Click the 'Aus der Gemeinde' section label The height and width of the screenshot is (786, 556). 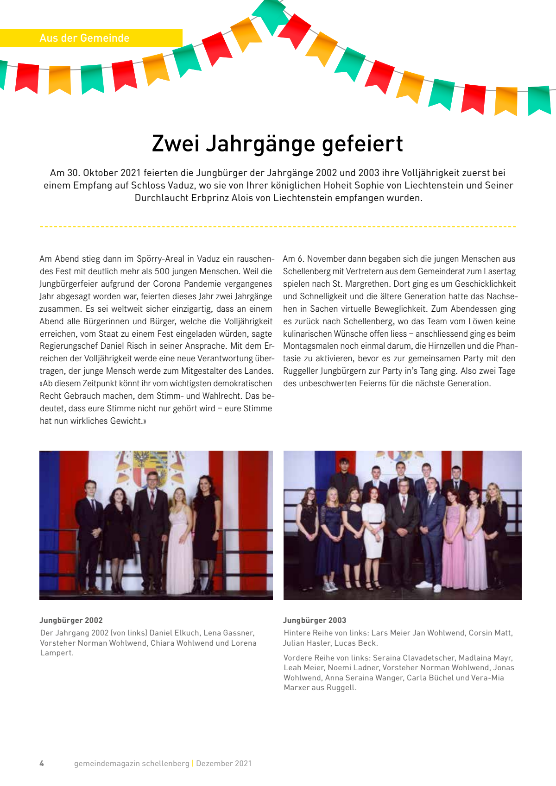[84, 38]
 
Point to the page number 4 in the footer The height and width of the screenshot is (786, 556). [42, 763]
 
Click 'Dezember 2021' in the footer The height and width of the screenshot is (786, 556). [224, 763]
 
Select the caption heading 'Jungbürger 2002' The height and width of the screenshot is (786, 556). [71, 620]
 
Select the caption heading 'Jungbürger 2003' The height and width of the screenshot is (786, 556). [315, 620]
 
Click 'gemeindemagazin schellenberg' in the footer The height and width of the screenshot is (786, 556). [132, 763]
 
